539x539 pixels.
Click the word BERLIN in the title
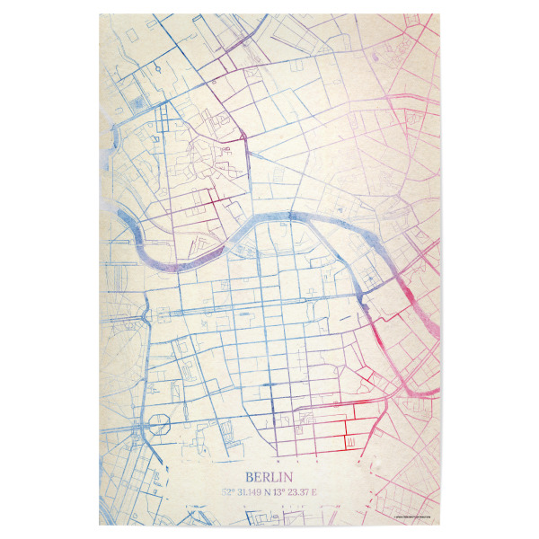(269, 477)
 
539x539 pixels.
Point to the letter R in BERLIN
(266, 477)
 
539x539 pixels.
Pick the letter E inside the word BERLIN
(257, 477)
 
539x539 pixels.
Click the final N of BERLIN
(290, 477)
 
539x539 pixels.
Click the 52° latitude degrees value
(228, 492)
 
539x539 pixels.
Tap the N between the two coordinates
(272, 492)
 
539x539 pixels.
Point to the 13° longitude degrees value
(286, 492)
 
